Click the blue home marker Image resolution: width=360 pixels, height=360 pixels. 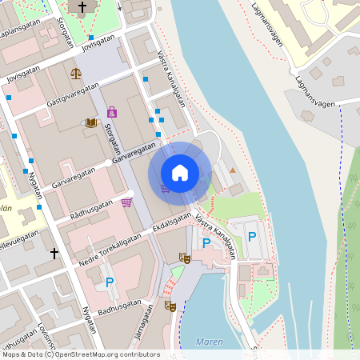click(x=180, y=173)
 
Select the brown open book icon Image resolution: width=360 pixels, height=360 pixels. click(x=91, y=122)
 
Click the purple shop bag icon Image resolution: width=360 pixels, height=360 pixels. click(x=111, y=111)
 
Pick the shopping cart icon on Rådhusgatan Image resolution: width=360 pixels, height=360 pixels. click(x=126, y=202)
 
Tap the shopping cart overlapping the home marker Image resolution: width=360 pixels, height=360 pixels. click(x=165, y=189)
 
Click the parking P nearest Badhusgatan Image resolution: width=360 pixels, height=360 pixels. click(x=110, y=282)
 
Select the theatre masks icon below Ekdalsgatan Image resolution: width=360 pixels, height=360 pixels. click(x=185, y=258)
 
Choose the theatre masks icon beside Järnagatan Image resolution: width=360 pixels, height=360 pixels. click(x=170, y=305)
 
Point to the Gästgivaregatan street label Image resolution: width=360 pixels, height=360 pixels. click(x=73, y=94)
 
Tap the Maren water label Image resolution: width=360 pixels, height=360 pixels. click(x=210, y=342)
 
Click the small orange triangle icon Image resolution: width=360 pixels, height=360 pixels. click(x=233, y=170)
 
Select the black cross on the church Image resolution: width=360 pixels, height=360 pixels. click(x=82, y=6)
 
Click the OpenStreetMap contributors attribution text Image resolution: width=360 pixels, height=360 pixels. click(x=103, y=354)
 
